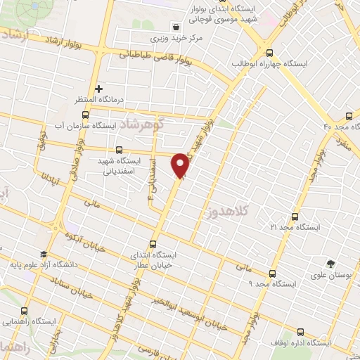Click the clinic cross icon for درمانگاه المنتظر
tap(99, 89)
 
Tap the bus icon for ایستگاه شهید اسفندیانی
tap(119, 149)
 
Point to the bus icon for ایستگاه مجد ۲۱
tap(295, 217)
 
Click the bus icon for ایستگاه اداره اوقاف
tap(300, 332)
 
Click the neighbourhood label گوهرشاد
tap(141, 124)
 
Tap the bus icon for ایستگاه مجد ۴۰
tap(349, 116)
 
